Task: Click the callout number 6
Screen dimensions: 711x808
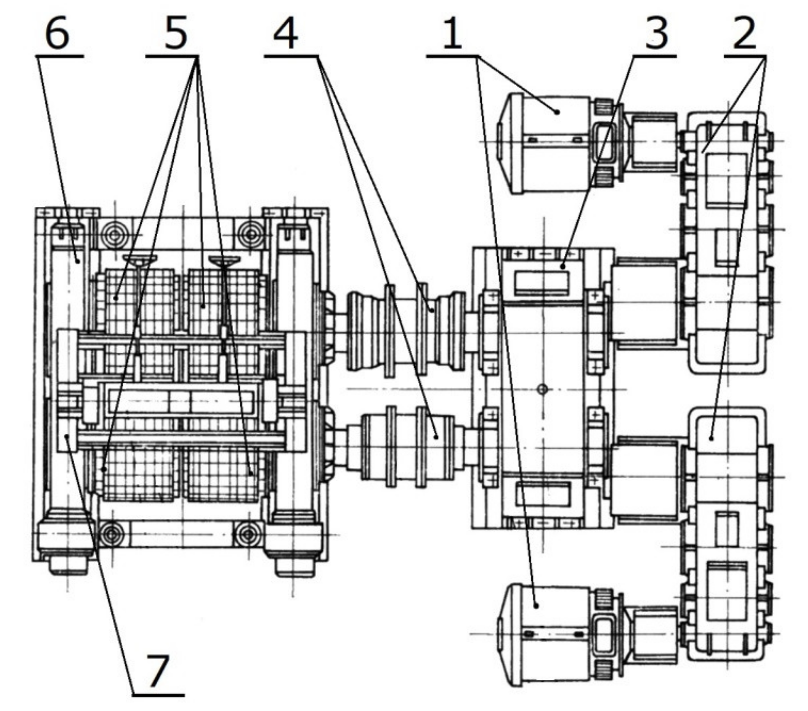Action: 57,34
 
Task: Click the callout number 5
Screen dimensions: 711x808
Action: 175,34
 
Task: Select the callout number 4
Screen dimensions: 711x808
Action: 285,34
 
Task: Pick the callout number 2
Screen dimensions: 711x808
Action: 745,34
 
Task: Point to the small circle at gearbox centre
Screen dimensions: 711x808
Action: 543,390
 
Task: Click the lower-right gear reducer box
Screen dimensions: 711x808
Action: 725,534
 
